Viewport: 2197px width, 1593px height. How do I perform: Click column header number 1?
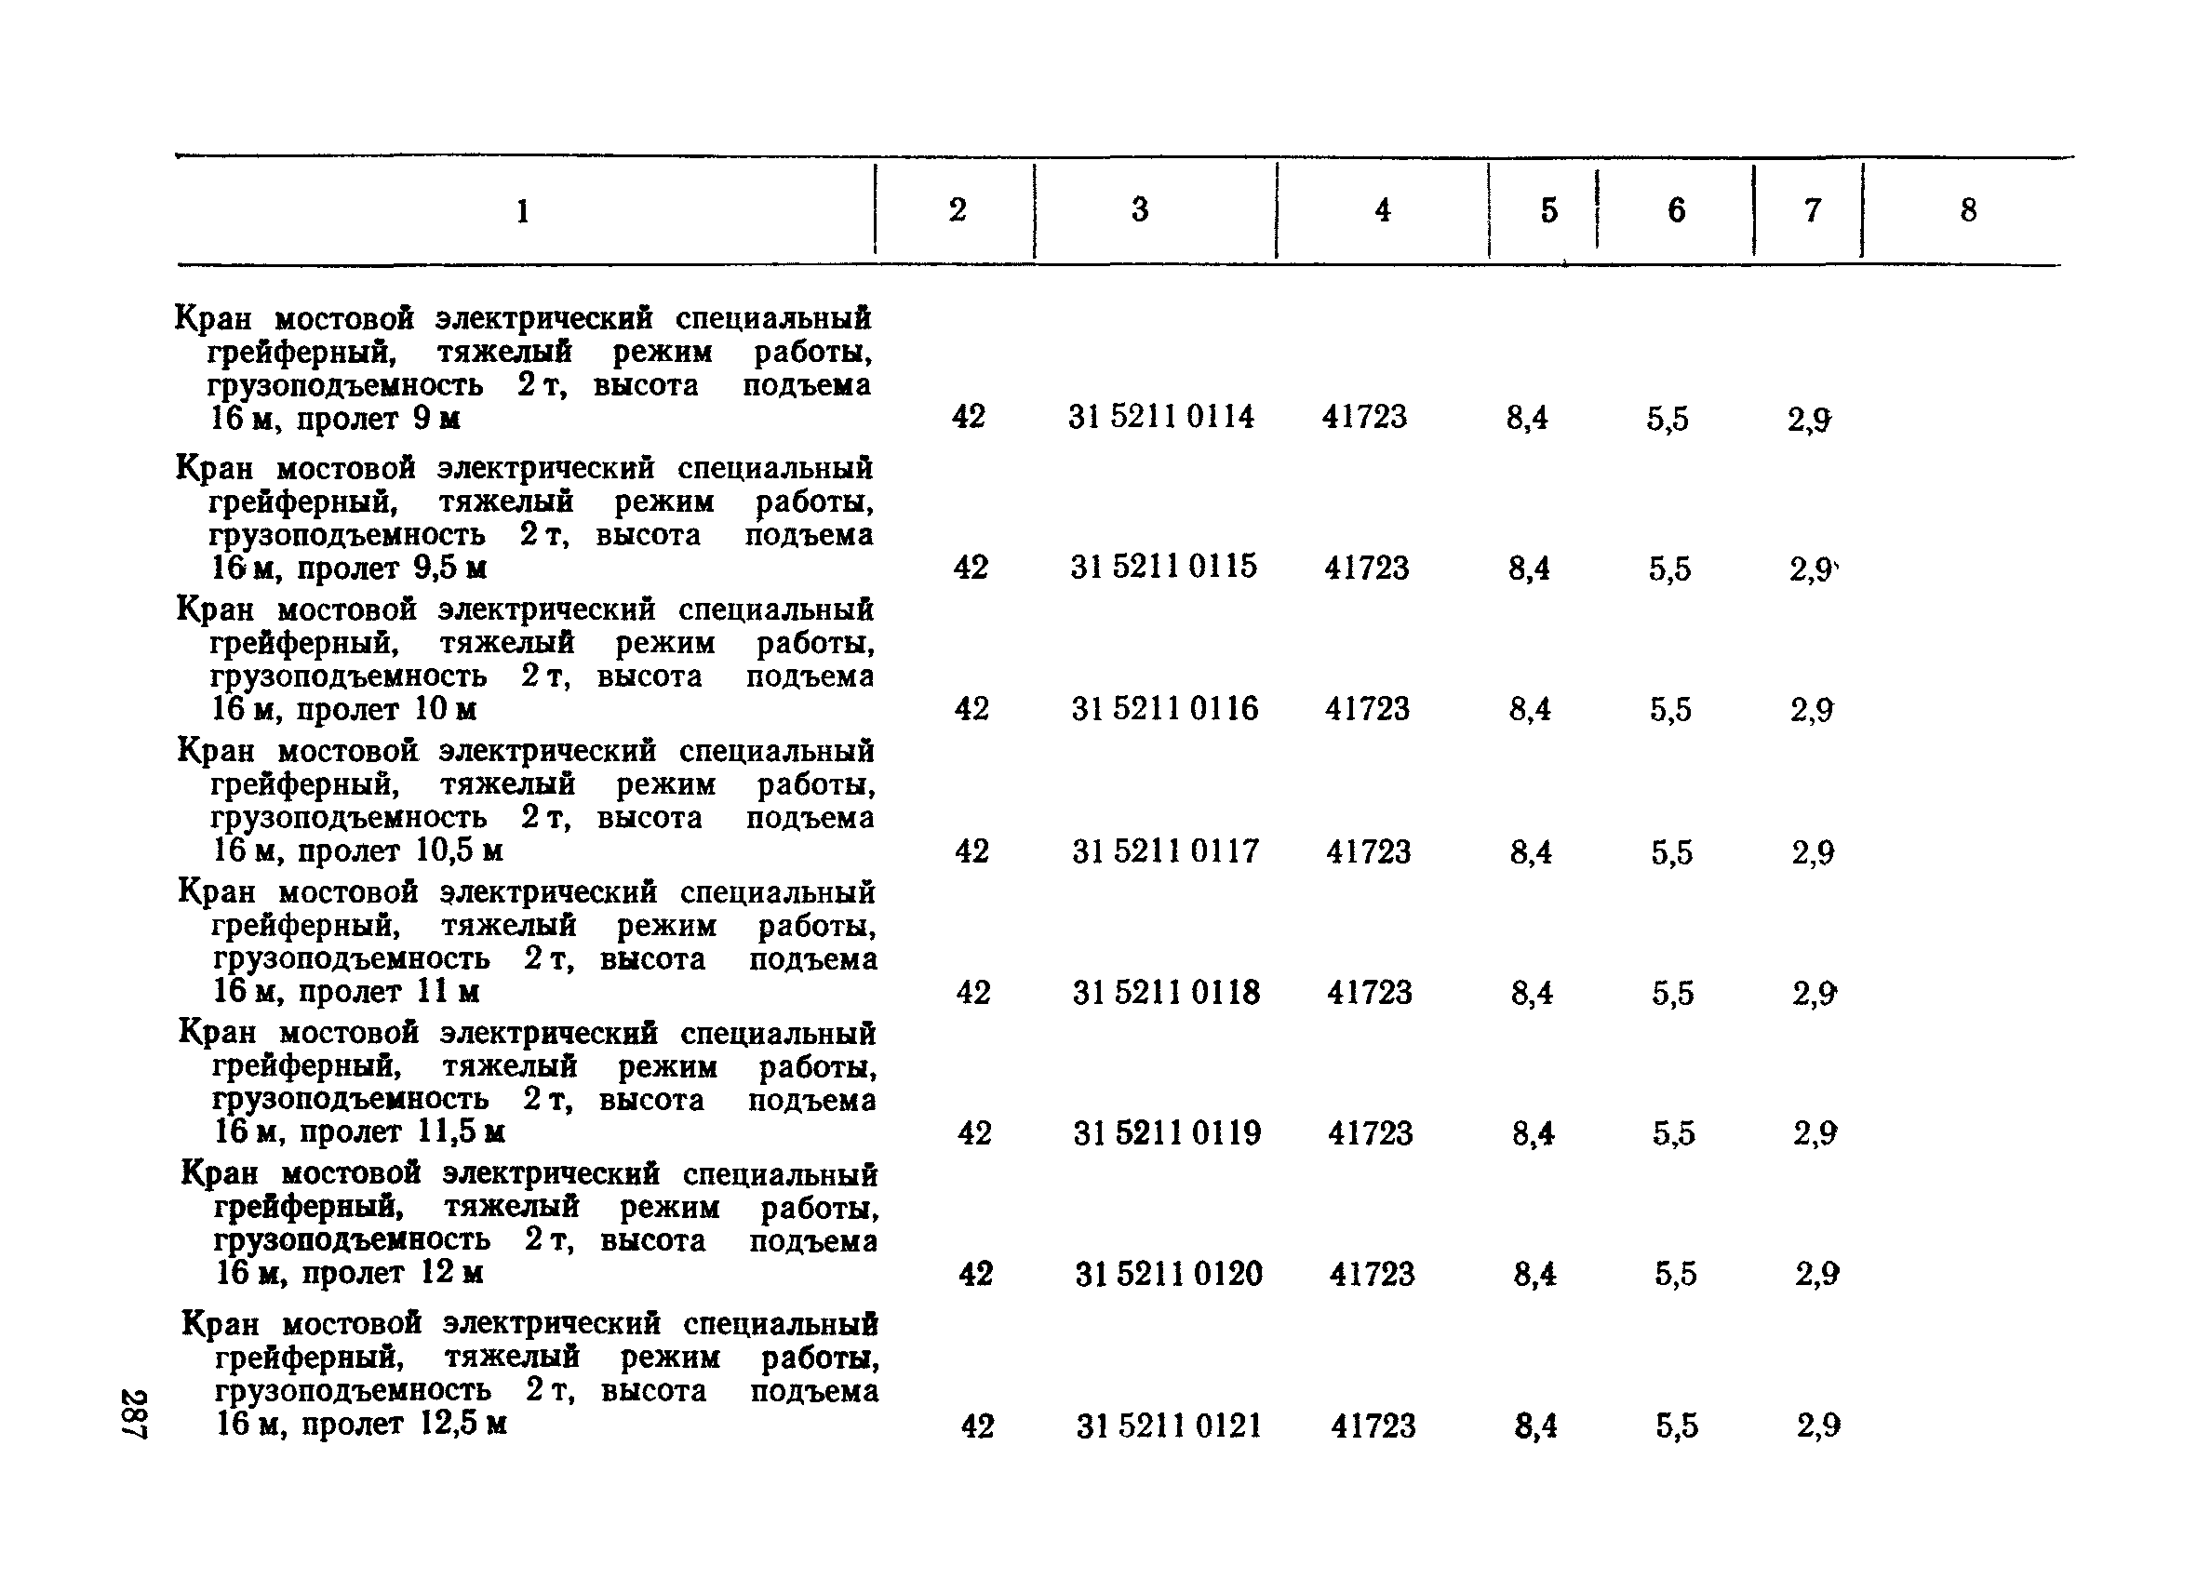(523, 211)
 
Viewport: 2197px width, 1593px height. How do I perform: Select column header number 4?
(1383, 210)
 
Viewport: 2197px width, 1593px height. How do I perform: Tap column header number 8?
(1968, 210)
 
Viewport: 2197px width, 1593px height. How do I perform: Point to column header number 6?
(1676, 210)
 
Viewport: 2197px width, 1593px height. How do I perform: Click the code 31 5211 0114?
(1160, 418)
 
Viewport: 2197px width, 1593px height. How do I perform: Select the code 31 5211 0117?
(1165, 851)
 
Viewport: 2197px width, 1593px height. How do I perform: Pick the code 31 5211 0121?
(1169, 1426)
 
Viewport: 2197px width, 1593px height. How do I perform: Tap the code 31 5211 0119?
(1167, 1133)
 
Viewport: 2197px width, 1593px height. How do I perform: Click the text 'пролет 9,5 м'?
(392, 569)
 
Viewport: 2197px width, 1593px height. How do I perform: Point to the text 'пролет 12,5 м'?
(404, 1425)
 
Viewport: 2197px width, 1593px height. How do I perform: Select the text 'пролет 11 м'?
(388, 993)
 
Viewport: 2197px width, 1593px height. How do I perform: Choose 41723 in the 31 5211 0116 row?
(1367, 710)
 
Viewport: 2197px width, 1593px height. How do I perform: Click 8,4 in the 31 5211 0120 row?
(1534, 1275)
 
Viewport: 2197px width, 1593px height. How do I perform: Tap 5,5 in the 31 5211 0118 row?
(1673, 994)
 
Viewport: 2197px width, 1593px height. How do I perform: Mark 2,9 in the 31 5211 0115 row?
(1811, 569)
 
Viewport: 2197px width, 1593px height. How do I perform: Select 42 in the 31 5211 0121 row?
(977, 1426)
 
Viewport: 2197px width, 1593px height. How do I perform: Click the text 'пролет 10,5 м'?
(400, 851)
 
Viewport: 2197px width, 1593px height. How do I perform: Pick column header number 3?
(1140, 210)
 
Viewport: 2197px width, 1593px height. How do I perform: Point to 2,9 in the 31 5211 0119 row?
(1815, 1134)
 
